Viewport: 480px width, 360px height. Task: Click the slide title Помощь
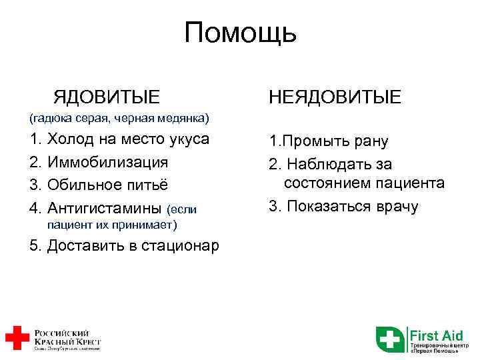[240, 33]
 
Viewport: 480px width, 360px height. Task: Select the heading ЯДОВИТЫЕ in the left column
[107, 97]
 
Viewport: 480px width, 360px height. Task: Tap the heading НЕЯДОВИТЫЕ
[335, 97]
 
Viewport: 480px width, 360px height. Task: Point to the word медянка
[184, 119]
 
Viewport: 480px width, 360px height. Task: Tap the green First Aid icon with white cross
[390, 338]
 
